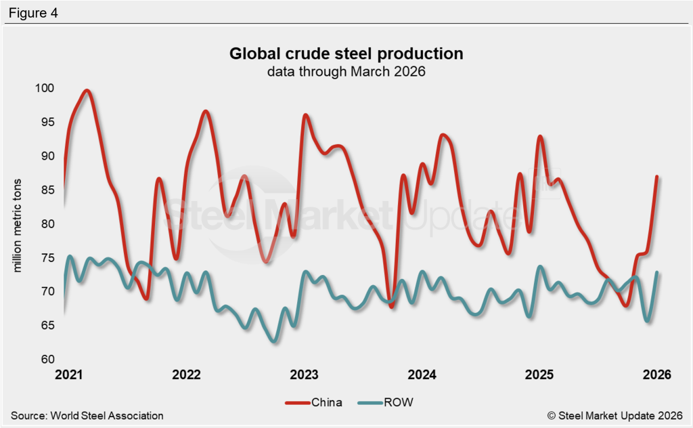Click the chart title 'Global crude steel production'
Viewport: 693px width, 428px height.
click(346, 53)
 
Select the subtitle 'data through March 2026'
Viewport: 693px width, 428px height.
click(346, 71)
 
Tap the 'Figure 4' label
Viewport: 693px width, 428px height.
click(33, 13)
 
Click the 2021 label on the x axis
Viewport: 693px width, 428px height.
click(68, 374)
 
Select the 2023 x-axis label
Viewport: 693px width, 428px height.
click(305, 374)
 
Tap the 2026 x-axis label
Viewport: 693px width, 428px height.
click(656, 374)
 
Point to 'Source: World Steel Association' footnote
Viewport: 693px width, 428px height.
click(87, 415)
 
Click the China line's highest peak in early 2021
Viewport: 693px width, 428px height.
click(87, 91)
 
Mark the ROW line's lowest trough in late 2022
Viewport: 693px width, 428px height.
click(273, 341)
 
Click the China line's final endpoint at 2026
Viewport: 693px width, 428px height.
click(656, 177)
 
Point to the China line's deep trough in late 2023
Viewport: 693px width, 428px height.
click(392, 306)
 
